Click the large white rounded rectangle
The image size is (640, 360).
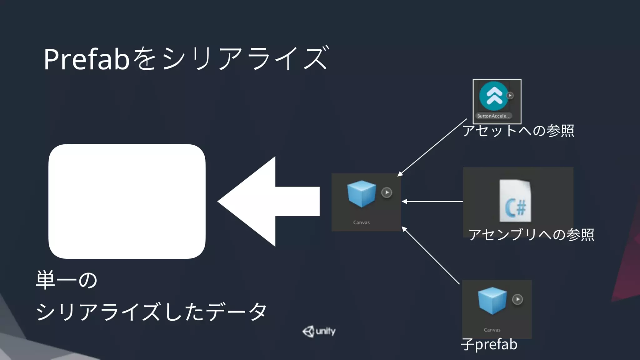pos(127,201)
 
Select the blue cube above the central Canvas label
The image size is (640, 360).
pos(362,194)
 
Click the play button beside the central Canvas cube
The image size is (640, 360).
pos(387,192)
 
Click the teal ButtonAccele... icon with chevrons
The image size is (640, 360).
pos(493,96)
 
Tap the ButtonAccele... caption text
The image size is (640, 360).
pos(493,116)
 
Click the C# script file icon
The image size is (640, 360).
pos(515,201)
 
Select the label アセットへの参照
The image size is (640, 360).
pos(518,131)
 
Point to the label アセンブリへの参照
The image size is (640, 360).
pos(531,234)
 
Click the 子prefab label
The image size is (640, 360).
pos(489,344)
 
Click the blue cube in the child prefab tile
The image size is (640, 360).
pos(492,300)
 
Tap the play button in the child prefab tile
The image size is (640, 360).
pos(517,299)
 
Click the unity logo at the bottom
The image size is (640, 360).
pos(319,331)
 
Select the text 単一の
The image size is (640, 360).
pos(67,280)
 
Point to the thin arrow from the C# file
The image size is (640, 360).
pos(433,202)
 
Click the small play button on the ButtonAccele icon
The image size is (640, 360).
pos(510,95)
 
